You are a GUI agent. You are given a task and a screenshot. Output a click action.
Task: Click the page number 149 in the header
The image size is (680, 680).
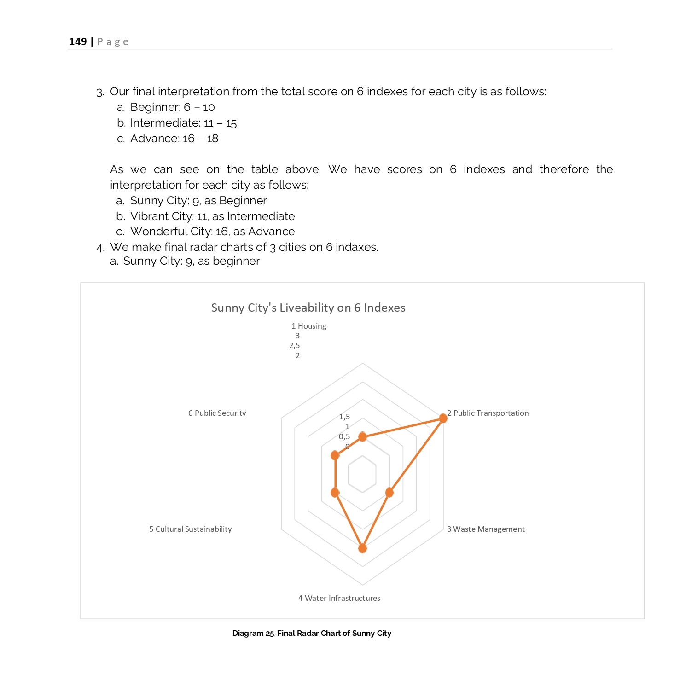coord(78,42)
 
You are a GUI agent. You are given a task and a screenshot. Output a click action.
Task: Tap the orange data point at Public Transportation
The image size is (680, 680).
coord(443,418)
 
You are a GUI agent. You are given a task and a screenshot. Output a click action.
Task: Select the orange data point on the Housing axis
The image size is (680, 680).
coord(362,437)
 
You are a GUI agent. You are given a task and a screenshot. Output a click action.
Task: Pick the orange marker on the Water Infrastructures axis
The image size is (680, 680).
coord(362,548)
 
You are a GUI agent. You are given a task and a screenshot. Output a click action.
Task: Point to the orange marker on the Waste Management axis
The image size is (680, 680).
coord(389,493)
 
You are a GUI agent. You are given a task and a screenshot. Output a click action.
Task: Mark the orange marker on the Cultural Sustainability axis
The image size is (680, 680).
coord(335,493)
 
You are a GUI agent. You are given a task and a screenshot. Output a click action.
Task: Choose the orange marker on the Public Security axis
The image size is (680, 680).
coord(335,455)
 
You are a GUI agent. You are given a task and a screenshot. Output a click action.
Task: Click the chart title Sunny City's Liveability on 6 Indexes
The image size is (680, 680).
coord(308,308)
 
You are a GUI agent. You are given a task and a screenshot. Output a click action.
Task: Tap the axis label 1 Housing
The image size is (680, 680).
coord(308,326)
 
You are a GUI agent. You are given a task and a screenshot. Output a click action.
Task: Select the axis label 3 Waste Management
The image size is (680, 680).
coord(486,529)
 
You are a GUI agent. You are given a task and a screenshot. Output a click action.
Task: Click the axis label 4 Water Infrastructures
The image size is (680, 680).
coord(339,598)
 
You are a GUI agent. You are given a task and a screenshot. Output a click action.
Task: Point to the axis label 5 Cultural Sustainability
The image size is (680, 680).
coord(190,529)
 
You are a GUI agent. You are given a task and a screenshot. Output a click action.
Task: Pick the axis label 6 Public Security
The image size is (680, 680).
coord(217,413)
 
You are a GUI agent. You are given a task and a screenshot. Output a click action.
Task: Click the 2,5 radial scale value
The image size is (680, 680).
coord(295,345)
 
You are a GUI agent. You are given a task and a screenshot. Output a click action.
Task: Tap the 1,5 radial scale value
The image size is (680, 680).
coord(344,417)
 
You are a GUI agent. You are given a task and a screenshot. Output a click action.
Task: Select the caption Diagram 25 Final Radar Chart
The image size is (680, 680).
coord(312,633)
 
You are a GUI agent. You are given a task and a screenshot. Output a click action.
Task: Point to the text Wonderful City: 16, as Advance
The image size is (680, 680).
coord(212,232)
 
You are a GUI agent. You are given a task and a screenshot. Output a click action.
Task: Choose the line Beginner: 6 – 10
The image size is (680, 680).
coord(173,107)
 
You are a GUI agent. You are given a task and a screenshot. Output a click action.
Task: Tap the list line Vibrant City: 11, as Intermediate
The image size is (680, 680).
coord(212,216)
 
